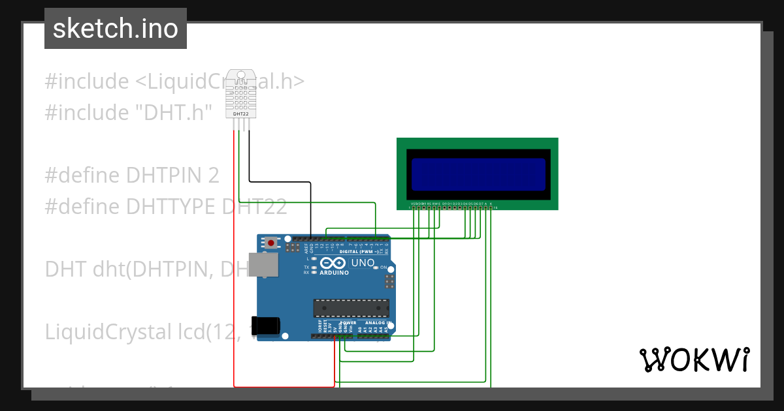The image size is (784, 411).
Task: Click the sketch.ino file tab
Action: coord(116,29)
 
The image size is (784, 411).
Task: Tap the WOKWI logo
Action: coord(694,359)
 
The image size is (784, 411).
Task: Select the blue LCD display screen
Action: coord(478,173)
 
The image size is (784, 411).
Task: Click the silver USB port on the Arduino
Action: coord(264,265)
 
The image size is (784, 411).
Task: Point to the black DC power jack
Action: coord(269,325)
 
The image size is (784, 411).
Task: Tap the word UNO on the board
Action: coord(363,263)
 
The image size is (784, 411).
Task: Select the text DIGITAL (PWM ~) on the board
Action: coord(359,251)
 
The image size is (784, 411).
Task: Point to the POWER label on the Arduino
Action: coord(348,322)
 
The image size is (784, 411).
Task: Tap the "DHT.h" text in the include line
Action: coord(174,113)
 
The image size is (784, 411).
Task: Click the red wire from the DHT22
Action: coord(235,261)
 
